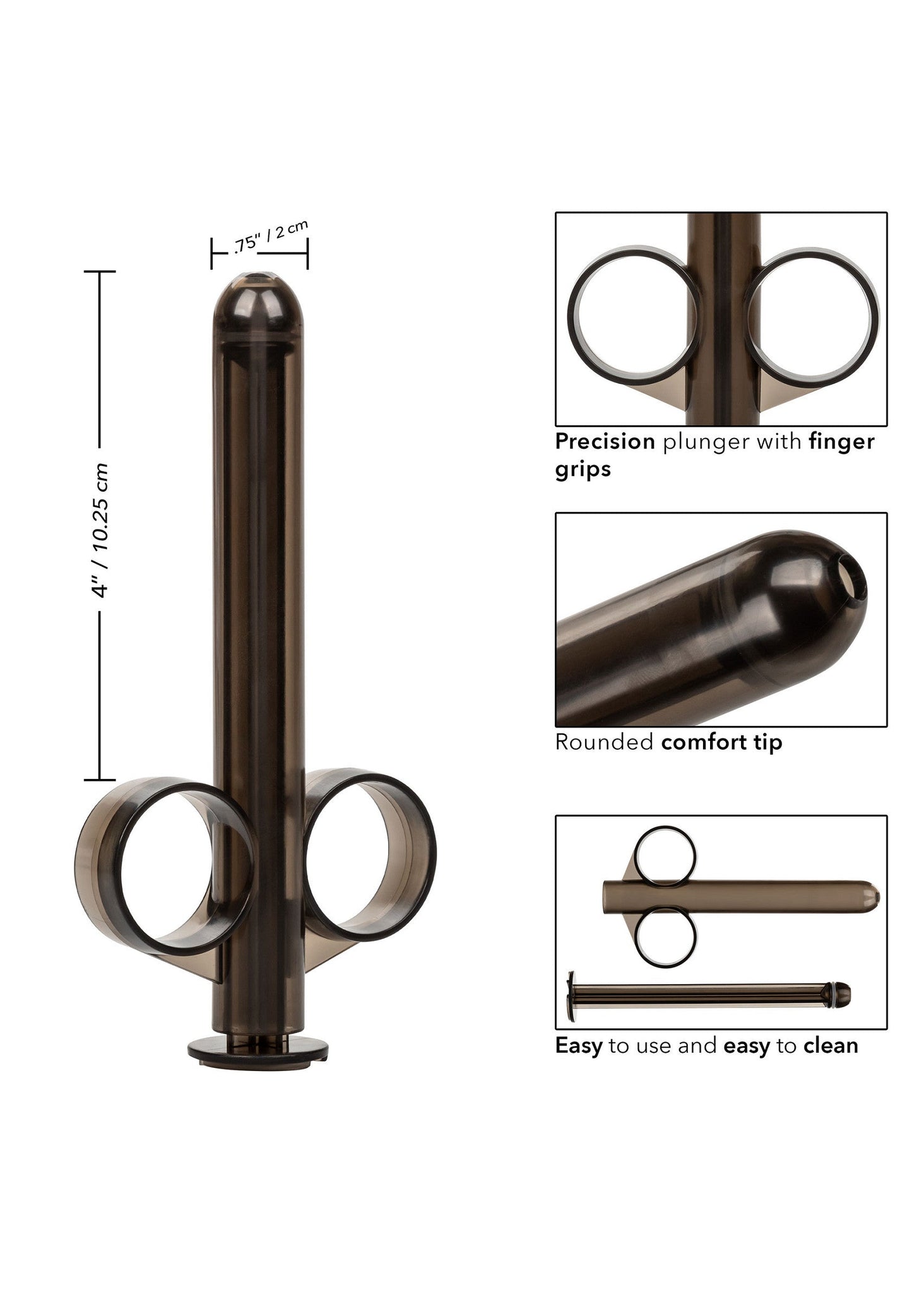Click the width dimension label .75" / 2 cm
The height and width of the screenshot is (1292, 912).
click(270, 237)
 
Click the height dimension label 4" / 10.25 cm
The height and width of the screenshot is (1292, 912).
click(101, 530)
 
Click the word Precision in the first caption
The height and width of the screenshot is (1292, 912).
click(605, 442)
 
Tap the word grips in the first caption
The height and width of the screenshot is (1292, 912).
click(583, 469)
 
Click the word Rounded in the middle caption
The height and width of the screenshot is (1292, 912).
click(604, 742)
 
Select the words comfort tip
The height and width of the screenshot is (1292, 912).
click(721, 742)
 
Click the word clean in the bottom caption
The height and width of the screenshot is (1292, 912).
click(831, 1046)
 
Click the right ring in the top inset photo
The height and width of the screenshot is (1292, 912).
click(812, 315)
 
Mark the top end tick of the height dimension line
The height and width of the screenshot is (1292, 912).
click(100, 271)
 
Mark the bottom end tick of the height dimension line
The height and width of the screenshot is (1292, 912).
click(100, 780)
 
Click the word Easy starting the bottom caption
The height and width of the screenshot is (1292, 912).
click(578, 1046)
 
